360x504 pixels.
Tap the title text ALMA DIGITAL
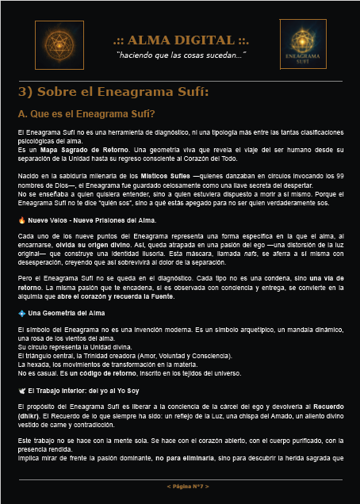pos(181,40)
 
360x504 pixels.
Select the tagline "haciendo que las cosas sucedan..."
pos(181,55)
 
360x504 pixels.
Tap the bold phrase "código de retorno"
pos(69,372)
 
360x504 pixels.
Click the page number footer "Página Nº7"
pos(187,485)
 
